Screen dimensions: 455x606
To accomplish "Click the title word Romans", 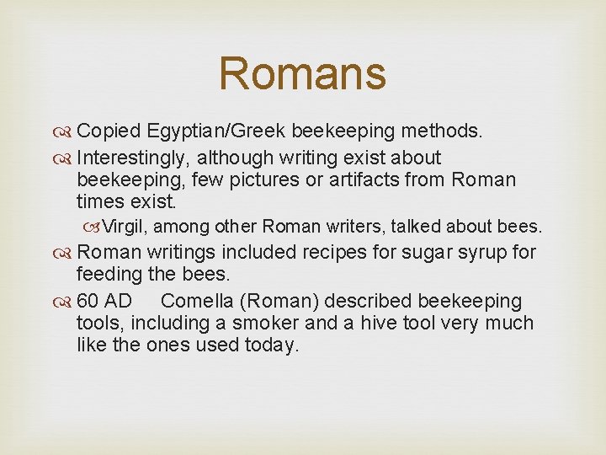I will pyautogui.click(x=302, y=73).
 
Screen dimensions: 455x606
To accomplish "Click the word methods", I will pyautogui.click(x=442, y=131).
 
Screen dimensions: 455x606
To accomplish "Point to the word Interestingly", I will pyautogui.click(x=133, y=158).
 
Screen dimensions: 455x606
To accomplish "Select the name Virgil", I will pyautogui.click(x=125, y=227).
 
